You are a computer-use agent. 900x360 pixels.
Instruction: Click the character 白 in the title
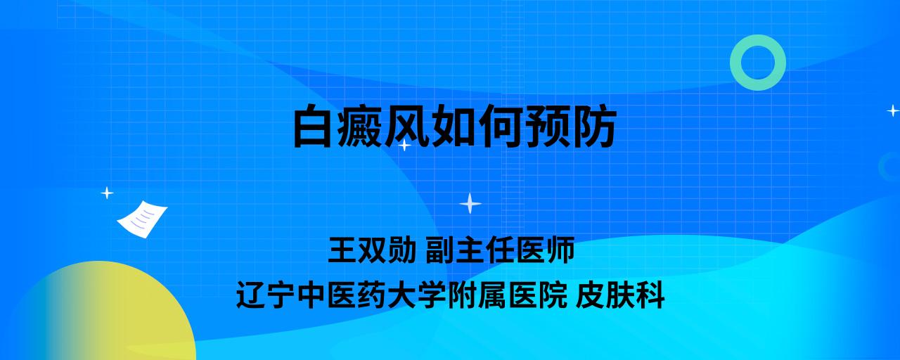[313, 126]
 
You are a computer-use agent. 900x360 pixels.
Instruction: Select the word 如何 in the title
[477, 126]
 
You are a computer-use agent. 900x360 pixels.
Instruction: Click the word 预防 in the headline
[571, 126]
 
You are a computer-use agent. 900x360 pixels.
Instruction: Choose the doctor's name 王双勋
[372, 250]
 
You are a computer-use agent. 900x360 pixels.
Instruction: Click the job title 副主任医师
[500, 250]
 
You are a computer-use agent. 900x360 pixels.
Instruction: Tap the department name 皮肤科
[620, 295]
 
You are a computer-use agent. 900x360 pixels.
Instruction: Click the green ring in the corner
[736, 63]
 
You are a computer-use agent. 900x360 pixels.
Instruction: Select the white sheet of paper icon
[142, 219]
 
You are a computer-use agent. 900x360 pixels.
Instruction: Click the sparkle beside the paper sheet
[107, 193]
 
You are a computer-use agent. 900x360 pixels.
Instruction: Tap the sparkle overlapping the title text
[404, 145]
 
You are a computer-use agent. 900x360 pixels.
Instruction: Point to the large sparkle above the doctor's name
[470, 203]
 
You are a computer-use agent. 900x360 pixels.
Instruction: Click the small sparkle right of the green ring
[893, 110]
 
